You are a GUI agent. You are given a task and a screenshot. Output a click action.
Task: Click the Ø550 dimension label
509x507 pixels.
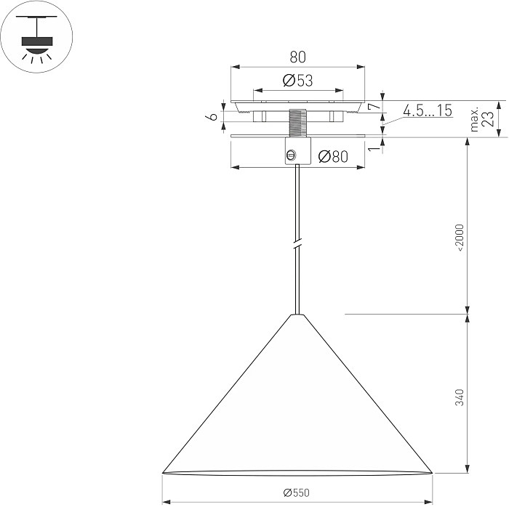297,492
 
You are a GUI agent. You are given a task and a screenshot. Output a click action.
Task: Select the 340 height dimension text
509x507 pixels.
460,397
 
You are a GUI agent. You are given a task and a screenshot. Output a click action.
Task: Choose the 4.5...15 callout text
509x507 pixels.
428,110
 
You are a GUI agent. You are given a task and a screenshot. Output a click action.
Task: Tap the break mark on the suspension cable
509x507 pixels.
296,243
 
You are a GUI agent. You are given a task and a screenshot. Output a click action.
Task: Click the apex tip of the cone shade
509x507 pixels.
296,315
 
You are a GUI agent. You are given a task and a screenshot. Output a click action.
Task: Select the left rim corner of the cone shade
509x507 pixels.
162,473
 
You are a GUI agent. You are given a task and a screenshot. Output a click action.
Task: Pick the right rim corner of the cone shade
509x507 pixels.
432,473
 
